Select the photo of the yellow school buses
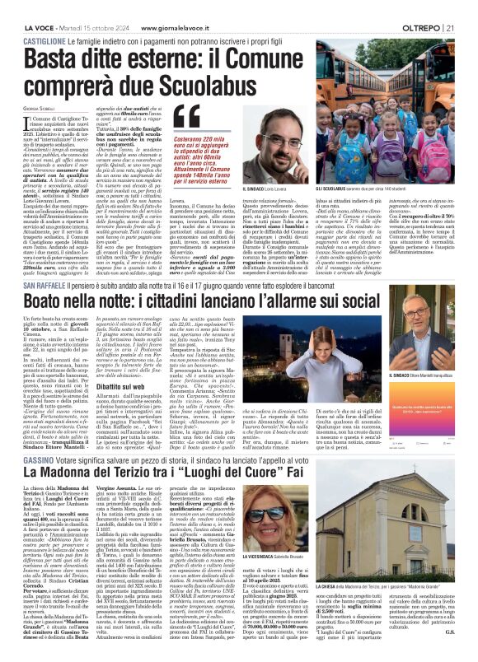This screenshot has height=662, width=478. (x=407, y=138)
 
